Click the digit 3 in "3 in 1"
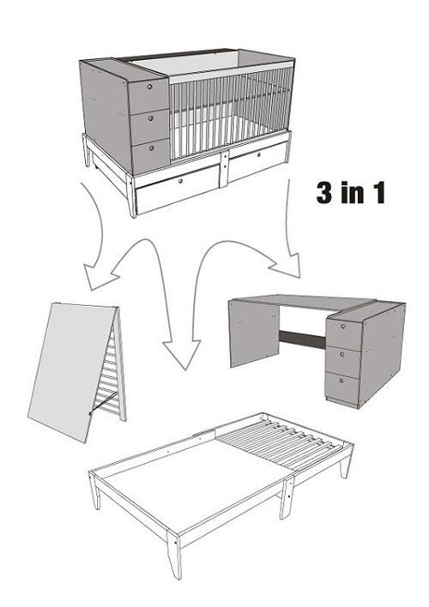pyautogui.click(x=325, y=193)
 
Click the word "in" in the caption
pyautogui.click(x=353, y=193)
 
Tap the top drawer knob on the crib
pyautogui.click(x=149, y=87)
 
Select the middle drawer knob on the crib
pyautogui.click(x=150, y=117)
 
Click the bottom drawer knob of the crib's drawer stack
pyautogui.click(x=151, y=147)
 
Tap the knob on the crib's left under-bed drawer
pyautogui.click(x=180, y=181)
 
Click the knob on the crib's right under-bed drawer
pyautogui.click(x=258, y=155)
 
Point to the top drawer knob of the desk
pyautogui.click(x=343, y=326)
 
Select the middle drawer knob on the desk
pyautogui.click(x=342, y=354)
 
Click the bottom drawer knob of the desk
pyautogui.click(x=341, y=381)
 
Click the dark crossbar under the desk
pyautogui.click(x=302, y=340)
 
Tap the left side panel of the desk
pyautogui.click(x=254, y=334)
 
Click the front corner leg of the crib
pyautogui.click(x=131, y=196)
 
